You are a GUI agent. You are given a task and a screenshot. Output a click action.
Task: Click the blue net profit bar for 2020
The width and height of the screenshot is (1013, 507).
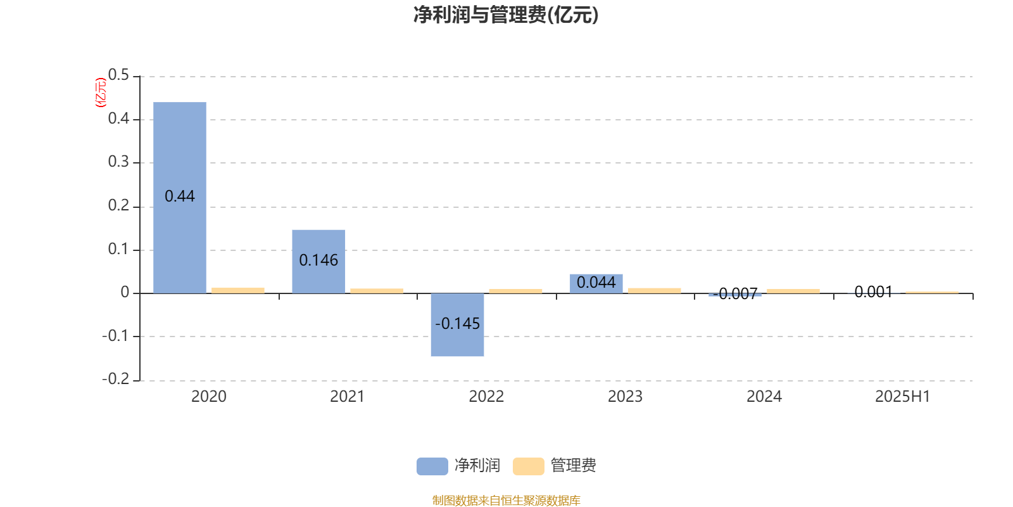tap(180, 198)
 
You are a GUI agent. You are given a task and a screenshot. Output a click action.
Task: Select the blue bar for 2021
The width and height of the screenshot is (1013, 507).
tap(318, 262)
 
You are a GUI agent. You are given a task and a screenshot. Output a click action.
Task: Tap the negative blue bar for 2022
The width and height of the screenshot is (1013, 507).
tap(457, 325)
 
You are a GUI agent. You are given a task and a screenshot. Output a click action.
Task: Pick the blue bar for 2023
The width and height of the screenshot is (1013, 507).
tap(596, 284)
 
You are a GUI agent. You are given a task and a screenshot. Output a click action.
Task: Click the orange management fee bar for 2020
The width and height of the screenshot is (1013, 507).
tap(238, 291)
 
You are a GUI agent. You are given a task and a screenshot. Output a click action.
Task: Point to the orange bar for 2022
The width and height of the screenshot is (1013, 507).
tap(515, 291)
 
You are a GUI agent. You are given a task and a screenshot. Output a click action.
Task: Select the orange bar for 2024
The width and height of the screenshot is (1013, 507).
tap(793, 291)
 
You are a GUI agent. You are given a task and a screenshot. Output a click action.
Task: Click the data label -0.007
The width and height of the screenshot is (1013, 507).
tap(735, 294)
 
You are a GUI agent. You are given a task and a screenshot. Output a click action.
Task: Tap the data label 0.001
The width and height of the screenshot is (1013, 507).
tap(873, 292)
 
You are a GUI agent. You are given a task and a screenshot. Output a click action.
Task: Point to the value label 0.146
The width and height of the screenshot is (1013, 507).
tap(318, 260)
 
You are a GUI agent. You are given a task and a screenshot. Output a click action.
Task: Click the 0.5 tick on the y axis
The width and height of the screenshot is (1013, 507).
tap(118, 75)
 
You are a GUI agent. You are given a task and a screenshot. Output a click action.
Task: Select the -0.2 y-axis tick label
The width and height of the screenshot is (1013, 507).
tap(115, 378)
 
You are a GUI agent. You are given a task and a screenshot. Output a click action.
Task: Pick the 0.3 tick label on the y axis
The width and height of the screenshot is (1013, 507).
tap(118, 162)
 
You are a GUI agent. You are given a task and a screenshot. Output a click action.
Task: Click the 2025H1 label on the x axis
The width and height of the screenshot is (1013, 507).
tap(903, 397)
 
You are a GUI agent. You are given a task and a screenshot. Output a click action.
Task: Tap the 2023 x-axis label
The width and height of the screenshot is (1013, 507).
tap(625, 397)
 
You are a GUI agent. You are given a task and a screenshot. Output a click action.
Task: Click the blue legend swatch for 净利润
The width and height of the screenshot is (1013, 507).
tap(432, 466)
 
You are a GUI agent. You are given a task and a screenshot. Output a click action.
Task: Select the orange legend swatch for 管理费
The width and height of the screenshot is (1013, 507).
tap(528, 466)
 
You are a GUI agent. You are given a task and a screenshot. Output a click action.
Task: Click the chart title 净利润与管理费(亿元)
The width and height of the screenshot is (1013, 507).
tap(506, 15)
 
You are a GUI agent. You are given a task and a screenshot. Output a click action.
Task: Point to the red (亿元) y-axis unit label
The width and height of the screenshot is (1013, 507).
tap(101, 93)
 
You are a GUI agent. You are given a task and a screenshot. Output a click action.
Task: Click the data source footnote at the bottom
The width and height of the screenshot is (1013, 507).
tap(506, 500)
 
